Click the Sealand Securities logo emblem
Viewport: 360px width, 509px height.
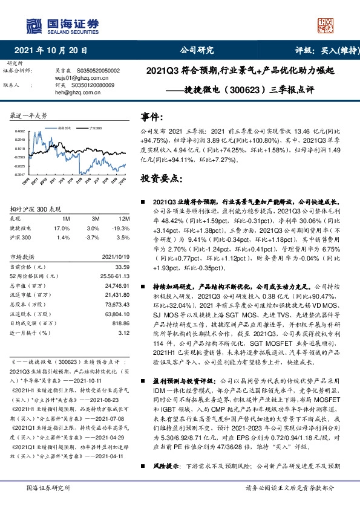[x=34, y=25]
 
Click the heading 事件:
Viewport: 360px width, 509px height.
[x=151, y=116]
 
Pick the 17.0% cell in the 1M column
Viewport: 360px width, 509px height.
[x=62, y=229]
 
